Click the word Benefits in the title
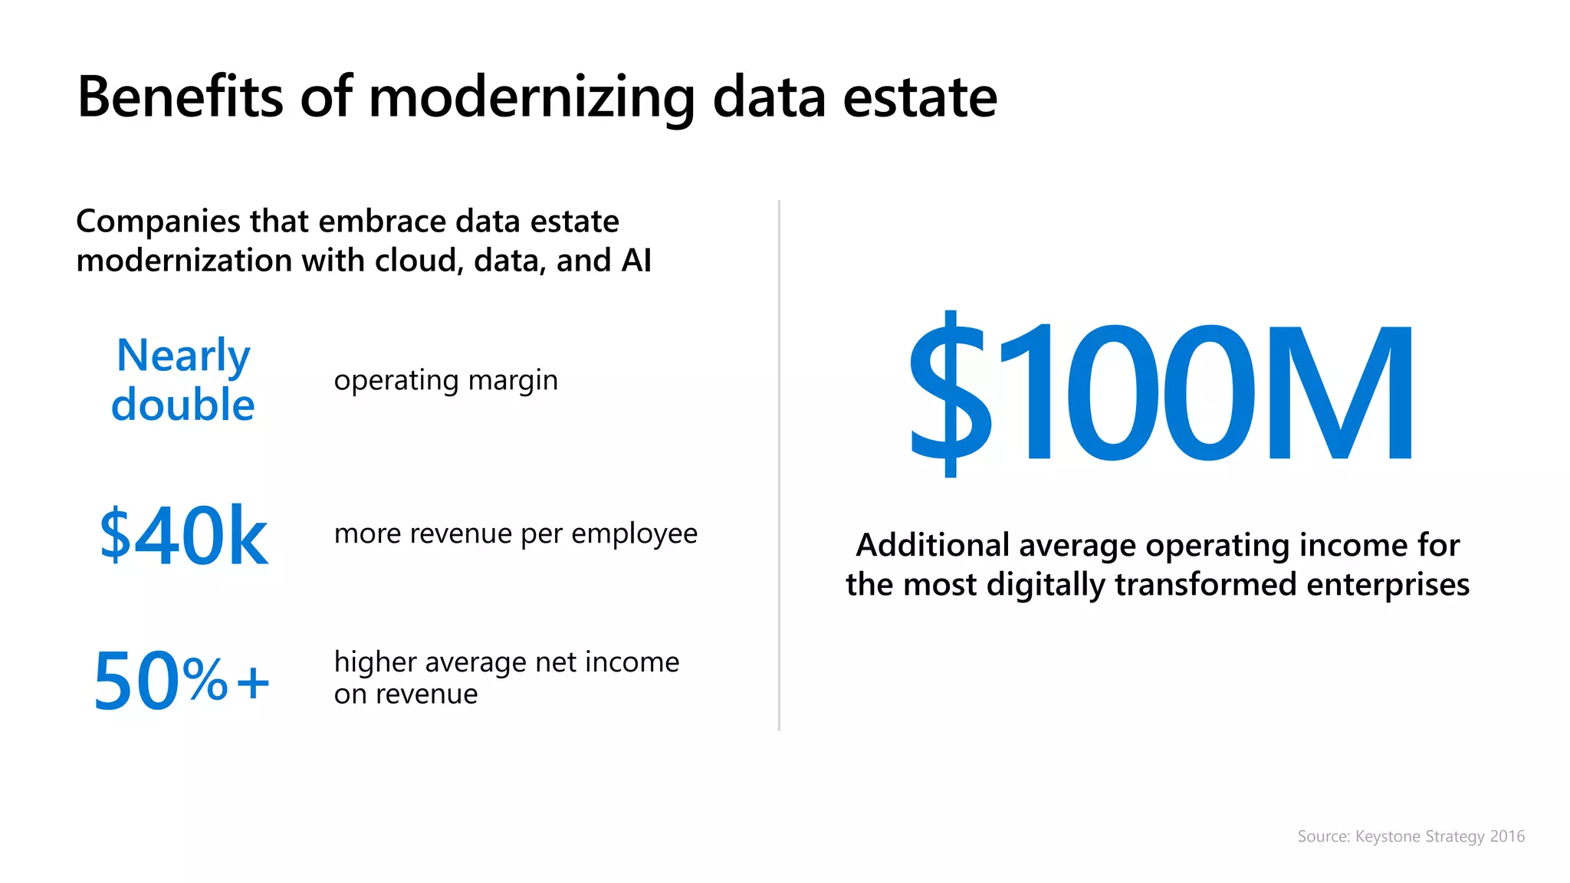pos(181,97)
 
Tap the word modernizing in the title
pos(531,97)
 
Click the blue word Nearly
pos(183,356)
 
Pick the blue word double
pos(182,405)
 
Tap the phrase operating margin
pos(445,381)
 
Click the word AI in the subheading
pos(636,261)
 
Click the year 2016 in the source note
pos(1507,836)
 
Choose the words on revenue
pos(406,694)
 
